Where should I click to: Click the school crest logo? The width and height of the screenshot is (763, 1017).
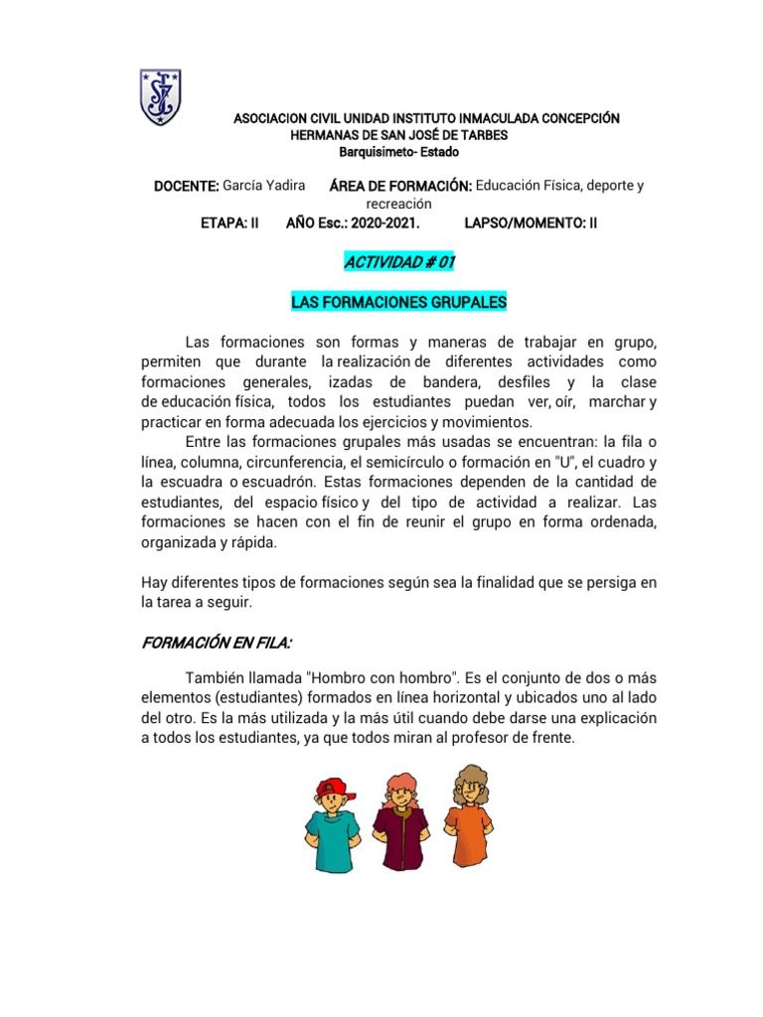pos(160,96)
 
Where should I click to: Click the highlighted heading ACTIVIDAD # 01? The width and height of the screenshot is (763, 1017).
pos(398,262)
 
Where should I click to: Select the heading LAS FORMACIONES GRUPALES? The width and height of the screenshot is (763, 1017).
pos(398,301)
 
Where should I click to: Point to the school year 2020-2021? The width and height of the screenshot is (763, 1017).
pos(378,223)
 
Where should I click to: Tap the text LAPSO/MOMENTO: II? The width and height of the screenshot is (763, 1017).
pos(531,223)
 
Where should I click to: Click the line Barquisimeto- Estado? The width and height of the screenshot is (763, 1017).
pos(399,152)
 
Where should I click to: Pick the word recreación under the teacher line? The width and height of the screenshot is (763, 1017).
pos(398,204)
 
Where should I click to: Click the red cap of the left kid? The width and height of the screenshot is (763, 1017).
pos(330,789)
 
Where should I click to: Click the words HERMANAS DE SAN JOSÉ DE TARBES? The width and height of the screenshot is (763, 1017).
pos(398,135)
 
